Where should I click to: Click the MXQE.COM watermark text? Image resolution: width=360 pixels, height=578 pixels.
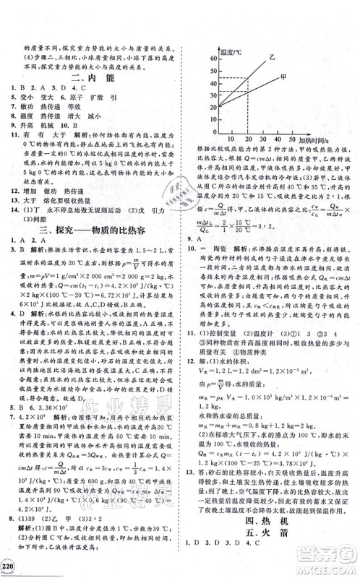click(324, 568)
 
